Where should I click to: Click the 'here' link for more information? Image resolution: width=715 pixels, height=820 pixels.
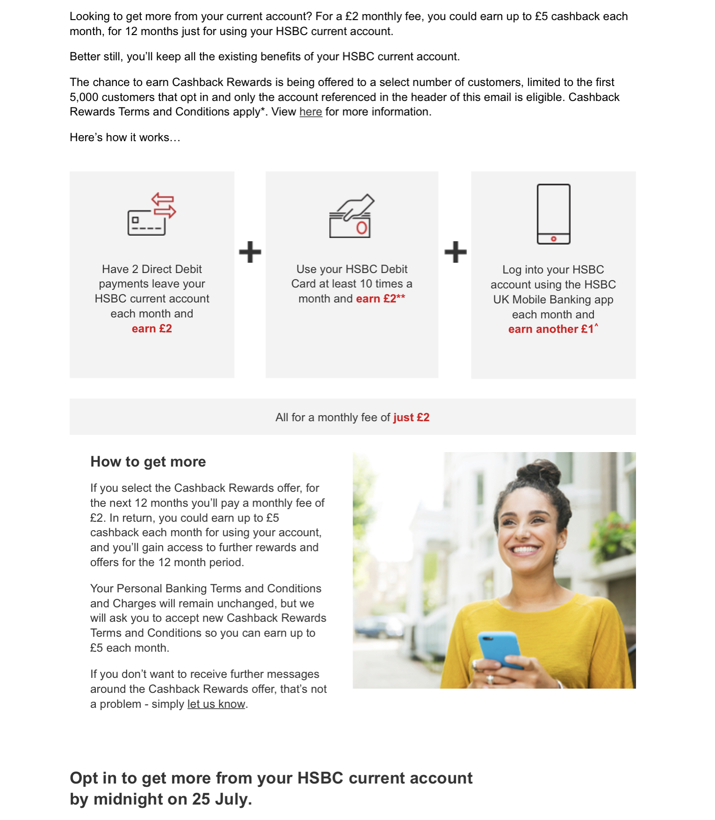click(311, 112)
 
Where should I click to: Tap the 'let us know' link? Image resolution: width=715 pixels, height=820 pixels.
click(216, 704)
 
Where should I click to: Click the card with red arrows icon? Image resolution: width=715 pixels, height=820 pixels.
click(152, 214)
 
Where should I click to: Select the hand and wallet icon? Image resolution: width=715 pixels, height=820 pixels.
click(352, 216)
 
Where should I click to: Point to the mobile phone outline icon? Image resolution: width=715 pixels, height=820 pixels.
click(553, 214)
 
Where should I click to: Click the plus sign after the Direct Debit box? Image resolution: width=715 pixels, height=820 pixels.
click(250, 252)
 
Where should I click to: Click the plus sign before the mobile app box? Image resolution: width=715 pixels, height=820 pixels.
click(455, 252)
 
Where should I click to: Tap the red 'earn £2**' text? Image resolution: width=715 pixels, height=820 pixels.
click(380, 299)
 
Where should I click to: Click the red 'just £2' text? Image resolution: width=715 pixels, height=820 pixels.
click(411, 417)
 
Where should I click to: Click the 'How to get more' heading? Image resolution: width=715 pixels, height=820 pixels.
click(148, 462)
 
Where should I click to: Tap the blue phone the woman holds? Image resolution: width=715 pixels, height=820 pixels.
click(499, 647)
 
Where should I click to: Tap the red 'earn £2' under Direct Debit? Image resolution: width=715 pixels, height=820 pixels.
click(152, 329)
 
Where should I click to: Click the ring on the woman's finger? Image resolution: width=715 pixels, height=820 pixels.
click(490, 678)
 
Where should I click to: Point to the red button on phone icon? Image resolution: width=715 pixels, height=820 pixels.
click(553, 239)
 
